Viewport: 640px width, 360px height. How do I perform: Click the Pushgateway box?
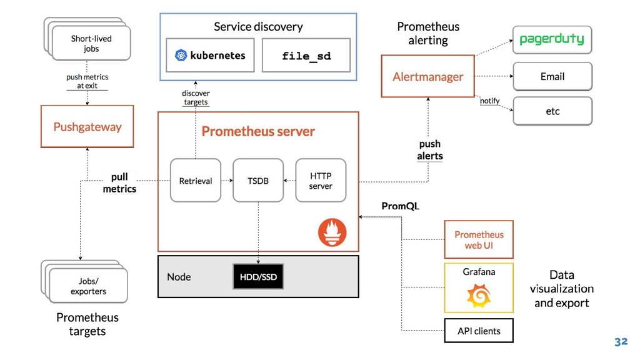point(87,126)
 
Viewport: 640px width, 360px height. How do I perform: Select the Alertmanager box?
point(427,76)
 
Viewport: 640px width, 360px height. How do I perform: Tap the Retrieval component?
point(196,181)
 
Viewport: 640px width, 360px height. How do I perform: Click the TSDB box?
point(258,181)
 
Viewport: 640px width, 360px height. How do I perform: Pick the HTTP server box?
point(321,181)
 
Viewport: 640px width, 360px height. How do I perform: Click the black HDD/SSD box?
point(258,277)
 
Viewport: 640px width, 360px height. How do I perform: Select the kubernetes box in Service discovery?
point(210,55)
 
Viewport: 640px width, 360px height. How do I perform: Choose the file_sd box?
point(306,55)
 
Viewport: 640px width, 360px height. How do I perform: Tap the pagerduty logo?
point(552,39)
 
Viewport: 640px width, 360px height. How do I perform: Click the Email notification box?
point(552,76)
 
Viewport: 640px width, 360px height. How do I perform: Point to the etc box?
point(552,111)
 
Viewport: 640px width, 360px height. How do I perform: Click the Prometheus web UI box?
point(479,239)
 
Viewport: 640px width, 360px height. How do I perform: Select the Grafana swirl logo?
point(479,296)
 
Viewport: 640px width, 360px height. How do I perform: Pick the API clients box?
point(479,331)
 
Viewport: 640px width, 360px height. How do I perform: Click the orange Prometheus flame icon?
point(332,232)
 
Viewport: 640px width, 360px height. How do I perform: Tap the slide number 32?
point(621,342)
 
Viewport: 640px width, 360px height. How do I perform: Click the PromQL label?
point(401,206)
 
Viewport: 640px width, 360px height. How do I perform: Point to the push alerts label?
point(430,150)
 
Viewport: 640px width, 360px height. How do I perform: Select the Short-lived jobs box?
point(91,43)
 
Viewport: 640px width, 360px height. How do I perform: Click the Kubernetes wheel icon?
point(181,55)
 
